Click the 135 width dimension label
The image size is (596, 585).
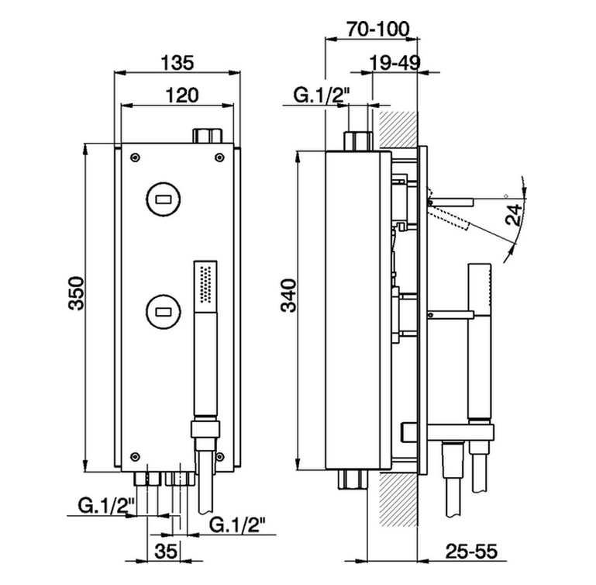[177, 62]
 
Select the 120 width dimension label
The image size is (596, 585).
[181, 95]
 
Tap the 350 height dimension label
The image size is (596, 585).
[76, 293]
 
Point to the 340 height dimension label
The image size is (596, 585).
[288, 296]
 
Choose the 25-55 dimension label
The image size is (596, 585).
[471, 551]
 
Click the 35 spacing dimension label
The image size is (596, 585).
[166, 551]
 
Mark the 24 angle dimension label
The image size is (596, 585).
[515, 215]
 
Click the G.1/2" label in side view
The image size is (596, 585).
[321, 95]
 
